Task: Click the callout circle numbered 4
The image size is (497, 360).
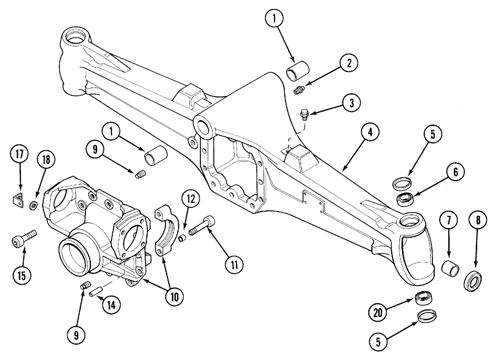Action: [x=370, y=133]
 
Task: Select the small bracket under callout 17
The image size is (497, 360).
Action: [x=18, y=198]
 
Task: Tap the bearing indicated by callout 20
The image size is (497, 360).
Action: [x=422, y=299]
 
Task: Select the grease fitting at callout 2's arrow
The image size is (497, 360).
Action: [x=299, y=90]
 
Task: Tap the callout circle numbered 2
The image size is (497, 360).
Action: [x=349, y=63]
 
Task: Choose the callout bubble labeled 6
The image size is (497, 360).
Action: [x=455, y=173]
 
